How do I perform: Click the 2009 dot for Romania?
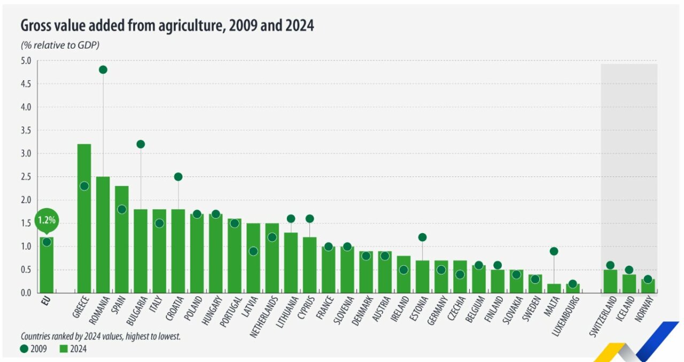tap(103, 70)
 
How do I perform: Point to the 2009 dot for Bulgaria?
tap(141, 144)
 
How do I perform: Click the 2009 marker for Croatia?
tap(178, 176)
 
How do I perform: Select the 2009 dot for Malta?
tap(554, 251)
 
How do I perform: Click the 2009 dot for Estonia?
tap(422, 237)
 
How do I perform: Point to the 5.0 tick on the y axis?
tap(26, 60)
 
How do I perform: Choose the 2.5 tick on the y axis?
tap(26, 177)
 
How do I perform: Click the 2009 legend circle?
tap(25, 349)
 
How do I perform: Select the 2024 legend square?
tap(63, 349)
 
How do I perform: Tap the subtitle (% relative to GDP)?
tap(60, 45)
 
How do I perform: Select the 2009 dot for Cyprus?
tap(309, 218)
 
